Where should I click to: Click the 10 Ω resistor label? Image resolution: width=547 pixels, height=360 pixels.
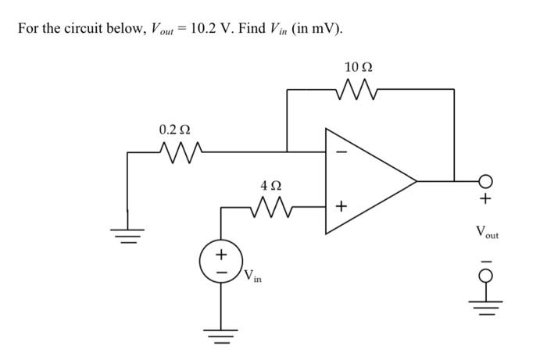click(x=359, y=67)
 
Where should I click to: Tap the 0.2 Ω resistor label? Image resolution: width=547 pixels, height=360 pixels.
click(x=175, y=130)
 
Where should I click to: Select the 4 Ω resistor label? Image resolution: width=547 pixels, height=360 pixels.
click(x=271, y=185)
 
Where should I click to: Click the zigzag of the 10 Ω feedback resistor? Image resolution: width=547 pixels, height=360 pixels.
click(x=356, y=90)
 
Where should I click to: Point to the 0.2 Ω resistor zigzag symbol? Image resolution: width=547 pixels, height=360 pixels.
click(x=181, y=152)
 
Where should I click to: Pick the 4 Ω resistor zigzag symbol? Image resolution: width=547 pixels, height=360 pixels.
click(x=271, y=207)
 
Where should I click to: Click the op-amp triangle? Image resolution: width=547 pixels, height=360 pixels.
click(x=371, y=181)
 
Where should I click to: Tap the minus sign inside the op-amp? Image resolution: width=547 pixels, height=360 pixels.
click(x=341, y=152)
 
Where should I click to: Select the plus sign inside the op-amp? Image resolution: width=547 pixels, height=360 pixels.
click(x=341, y=207)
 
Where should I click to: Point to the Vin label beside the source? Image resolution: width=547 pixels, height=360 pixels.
click(x=252, y=276)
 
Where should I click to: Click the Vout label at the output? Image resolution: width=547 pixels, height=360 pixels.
click(x=487, y=232)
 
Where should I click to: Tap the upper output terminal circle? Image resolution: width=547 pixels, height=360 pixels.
click(x=485, y=181)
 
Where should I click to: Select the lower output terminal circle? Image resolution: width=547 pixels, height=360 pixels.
click(x=485, y=276)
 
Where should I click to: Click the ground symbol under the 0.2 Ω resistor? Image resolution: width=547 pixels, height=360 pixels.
click(x=127, y=236)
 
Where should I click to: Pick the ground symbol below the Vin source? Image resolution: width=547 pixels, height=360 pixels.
click(x=221, y=337)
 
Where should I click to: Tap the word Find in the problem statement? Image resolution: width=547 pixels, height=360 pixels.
click(x=252, y=28)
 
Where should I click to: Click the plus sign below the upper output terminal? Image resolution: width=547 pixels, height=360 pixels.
click(x=485, y=198)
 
